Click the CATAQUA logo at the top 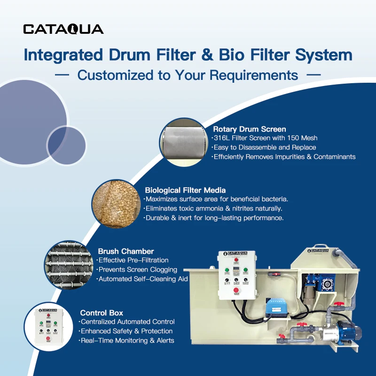click(63, 29)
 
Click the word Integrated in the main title click(59, 55)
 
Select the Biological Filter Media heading click(185, 190)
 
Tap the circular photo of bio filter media click(116, 204)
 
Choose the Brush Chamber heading click(125, 251)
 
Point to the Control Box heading click(102, 313)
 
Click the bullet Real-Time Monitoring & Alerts click(127, 340)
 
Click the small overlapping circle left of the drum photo click(67, 145)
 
